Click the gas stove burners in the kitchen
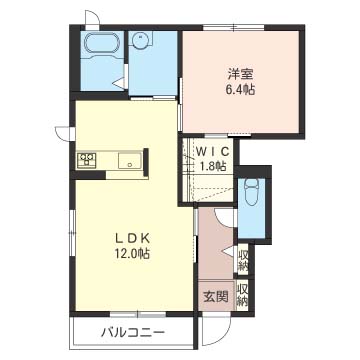[x=86, y=160]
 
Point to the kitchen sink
[x=128, y=161]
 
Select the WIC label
[x=212, y=150]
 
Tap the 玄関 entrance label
[x=215, y=297]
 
